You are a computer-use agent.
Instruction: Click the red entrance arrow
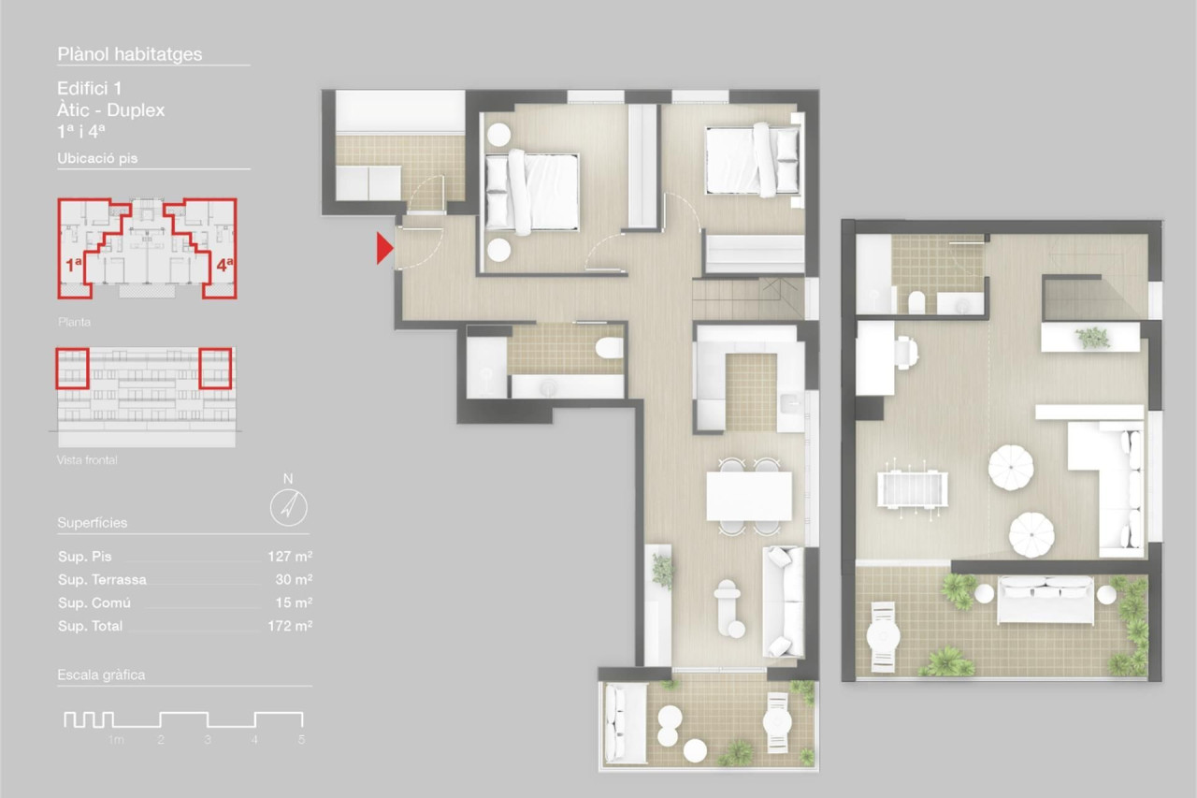point(384,248)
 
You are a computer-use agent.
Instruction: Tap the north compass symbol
point(289,507)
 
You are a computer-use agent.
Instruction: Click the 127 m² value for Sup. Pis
point(290,557)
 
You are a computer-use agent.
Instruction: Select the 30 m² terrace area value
point(294,579)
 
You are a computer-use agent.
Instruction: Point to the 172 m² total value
point(290,626)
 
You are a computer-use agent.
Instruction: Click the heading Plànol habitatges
point(130,54)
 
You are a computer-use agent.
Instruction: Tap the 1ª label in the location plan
point(74,265)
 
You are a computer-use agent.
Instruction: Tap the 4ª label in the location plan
point(225,265)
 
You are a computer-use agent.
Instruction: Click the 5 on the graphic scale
point(301,740)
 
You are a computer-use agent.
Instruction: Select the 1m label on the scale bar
point(116,740)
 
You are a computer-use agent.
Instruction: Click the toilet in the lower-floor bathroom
point(609,349)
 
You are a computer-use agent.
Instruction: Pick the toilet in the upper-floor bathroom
point(916,302)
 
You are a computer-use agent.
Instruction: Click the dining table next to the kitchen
point(749,496)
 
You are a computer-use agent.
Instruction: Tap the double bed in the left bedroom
point(532,193)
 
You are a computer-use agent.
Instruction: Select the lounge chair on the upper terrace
point(884,636)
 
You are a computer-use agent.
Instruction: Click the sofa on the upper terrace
point(1046,600)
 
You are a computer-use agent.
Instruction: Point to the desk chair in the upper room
point(907,353)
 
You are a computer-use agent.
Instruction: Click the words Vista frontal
point(87,460)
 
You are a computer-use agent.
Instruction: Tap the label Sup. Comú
point(94,602)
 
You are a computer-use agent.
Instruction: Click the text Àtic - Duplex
point(111,110)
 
